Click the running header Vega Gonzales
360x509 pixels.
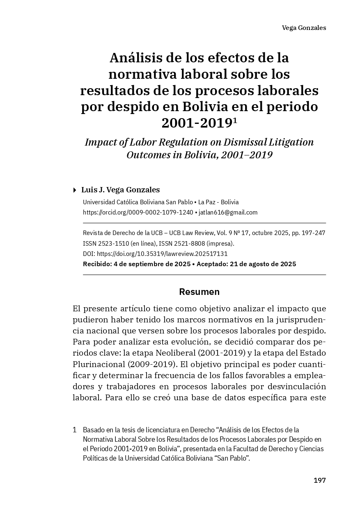(x=304, y=28)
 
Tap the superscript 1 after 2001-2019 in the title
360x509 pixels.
(x=235, y=120)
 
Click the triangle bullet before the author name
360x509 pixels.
(x=74, y=190)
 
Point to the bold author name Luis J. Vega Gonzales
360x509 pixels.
(x=120, y=190)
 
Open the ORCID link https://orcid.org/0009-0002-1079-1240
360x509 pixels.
(x=138, y=212)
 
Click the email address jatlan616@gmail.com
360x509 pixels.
(x=228, y=212)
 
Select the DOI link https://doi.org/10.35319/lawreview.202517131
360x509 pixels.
(x=162, y=254)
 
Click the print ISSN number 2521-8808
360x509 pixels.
(x=190, y=243)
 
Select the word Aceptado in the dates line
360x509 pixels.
(x=211, y=264)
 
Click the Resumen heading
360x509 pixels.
(x=199, y=292)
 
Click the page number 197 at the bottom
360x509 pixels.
(x=319, y=480)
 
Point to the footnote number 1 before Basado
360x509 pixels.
(x=75, y=430)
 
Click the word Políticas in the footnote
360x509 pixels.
(x=95, y=458)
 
